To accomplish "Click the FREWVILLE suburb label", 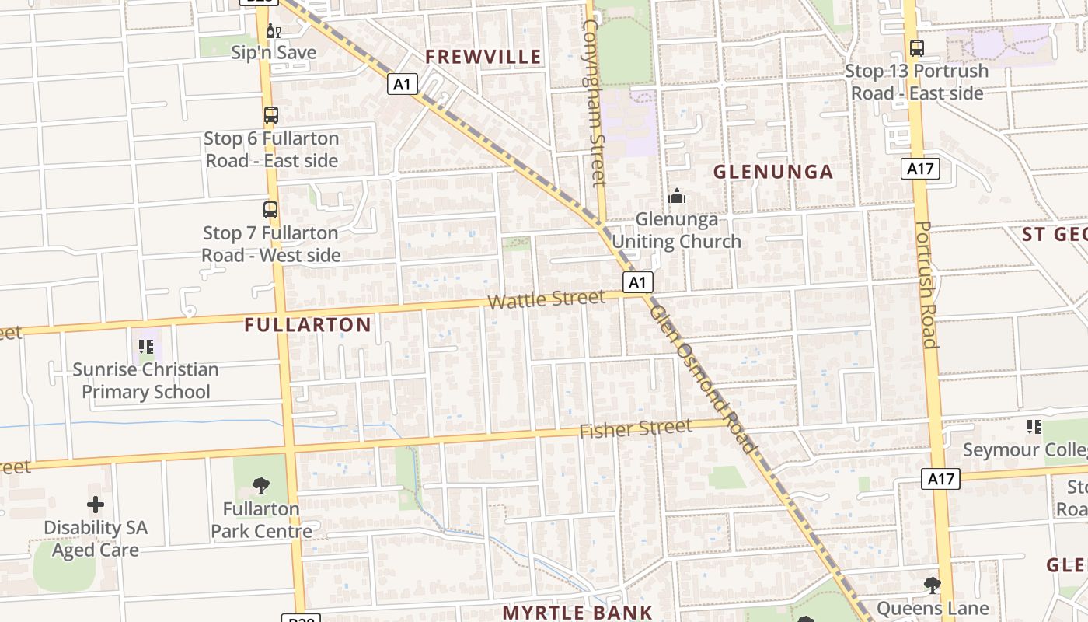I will [483, 57].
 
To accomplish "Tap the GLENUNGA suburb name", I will [773, 172].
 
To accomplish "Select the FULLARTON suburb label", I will [308, 325].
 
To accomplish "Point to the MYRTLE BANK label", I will [577, 612].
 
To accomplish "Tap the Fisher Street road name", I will [635, 428].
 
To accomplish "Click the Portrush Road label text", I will [924, 285].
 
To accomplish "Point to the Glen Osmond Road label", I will [703, 379].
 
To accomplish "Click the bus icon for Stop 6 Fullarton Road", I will [270, 115].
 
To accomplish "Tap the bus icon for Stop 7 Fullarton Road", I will [270, 210].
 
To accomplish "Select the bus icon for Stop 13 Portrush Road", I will [916, 48].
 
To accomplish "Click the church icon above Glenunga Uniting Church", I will [677, 196].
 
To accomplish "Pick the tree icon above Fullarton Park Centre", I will [261, 487].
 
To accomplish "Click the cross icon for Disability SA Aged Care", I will [96, 505].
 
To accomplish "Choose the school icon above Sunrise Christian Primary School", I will [145, 347].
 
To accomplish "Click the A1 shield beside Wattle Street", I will [637, 282].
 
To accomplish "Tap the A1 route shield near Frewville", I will [403, 84].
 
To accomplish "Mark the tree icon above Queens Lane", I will [933, 585].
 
